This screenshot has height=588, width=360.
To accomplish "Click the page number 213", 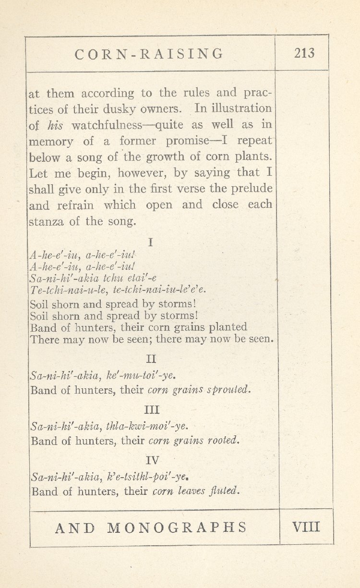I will pyautogui.click(x=304, y=53).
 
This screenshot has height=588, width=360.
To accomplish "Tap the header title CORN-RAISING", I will pyautogui.click(x=149, y=53).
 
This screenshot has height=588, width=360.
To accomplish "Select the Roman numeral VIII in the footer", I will pyautogui.click(x=306, y=527).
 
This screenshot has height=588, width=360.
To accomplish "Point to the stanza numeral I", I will pyautogui.click(x=151, y=243).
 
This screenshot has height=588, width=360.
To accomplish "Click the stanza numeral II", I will pyautogui.click(x=151, y=358).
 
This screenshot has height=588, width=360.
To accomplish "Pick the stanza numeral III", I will pyautogui.click(x=152, y=410).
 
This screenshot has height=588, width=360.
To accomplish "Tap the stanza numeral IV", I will pyautogui.click(x=152, y=460).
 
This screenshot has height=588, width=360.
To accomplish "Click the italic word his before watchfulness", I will pyautogui.click(x=56, y=125).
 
